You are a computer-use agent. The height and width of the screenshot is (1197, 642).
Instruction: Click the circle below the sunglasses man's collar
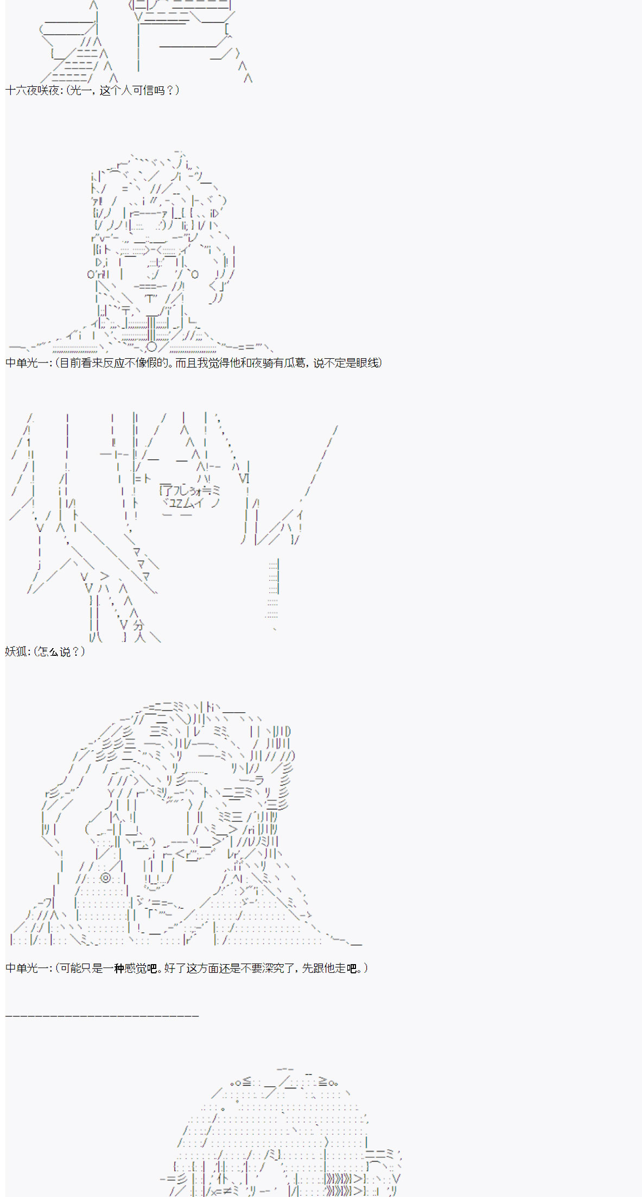pyautogui.click(x=152, y=346)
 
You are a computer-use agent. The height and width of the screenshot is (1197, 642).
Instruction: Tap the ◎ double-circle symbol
pyautogui.click(x=106, y=878)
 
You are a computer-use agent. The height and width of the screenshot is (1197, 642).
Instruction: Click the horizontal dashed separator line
pyautogui.click(x=102, y=1015)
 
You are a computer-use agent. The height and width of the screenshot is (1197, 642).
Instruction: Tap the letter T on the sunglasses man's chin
pyautogui.click(x=151, y=298)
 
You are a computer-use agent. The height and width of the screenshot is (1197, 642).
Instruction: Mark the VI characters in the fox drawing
pyautogui.click(x=244, y=478)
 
